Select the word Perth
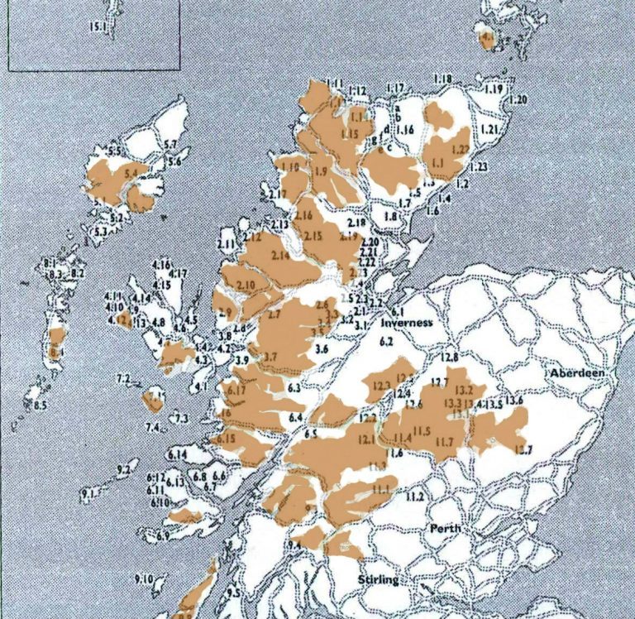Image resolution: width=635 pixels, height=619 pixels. coord(445,529)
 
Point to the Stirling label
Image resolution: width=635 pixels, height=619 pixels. coord(378,580)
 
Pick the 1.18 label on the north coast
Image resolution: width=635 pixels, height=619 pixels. coord(442,79)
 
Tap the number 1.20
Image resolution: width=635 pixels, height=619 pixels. coord(518,99)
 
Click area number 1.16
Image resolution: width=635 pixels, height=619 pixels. coord(404,130)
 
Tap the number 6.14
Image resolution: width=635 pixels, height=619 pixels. coord(177,456)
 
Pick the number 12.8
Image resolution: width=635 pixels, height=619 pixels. coord(450,357)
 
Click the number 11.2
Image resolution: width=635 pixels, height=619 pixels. coord(414,497)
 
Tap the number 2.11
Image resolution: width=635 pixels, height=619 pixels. coord(226,245)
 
